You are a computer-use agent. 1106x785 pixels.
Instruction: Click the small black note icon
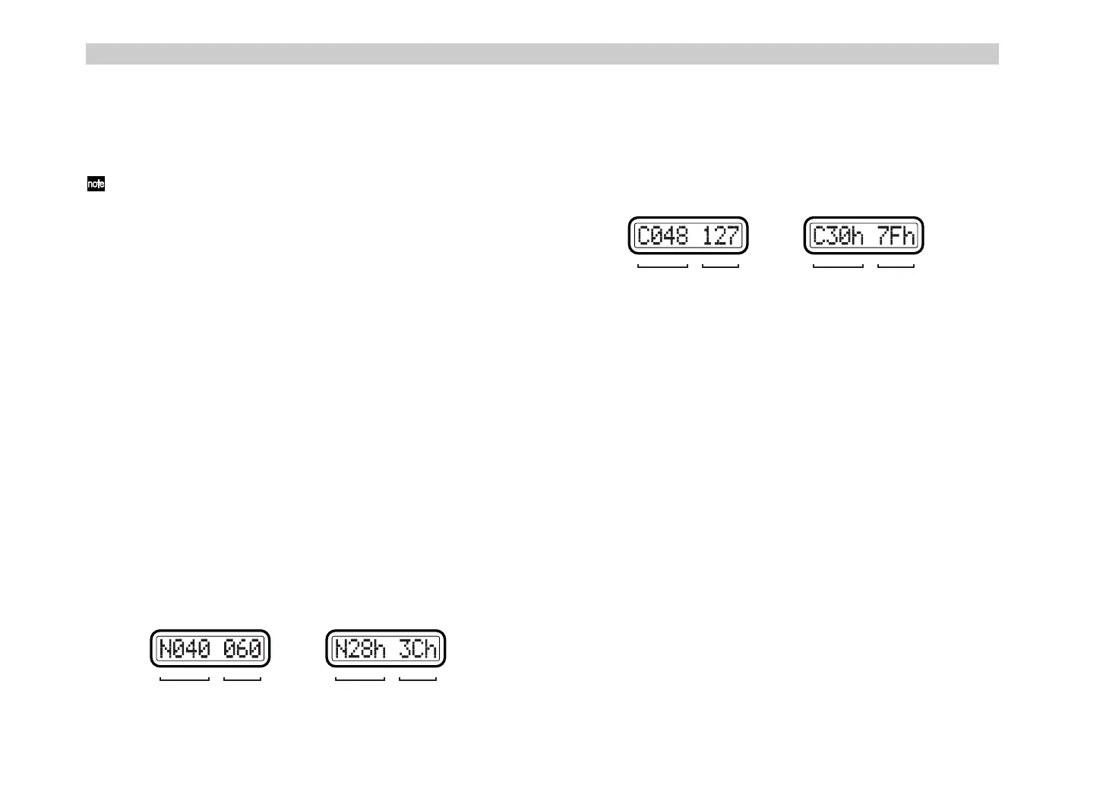(96, 184)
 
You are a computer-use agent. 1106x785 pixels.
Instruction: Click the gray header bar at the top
(542, 54)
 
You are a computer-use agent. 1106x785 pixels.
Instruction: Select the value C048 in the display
(663, 236)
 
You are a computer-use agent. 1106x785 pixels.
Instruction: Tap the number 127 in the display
(720, 236)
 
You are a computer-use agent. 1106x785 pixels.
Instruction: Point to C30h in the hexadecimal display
(839, 236)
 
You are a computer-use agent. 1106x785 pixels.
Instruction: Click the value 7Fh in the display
(896, 236)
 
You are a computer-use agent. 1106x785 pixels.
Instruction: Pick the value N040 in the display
(185, 649)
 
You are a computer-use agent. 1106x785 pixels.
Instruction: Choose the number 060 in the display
(242, 649)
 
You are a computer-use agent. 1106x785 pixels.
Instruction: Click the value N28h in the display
(361, 649)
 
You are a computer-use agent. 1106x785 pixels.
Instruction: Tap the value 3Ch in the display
(419, 649)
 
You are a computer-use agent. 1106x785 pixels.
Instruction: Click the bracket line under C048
(662, 266)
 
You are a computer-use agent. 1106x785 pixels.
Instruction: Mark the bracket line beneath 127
(720, 266)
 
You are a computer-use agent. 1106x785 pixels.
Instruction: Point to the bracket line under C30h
(839, 266)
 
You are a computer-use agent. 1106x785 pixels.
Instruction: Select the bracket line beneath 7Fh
(896, 266)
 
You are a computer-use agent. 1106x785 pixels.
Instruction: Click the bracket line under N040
(185, 679)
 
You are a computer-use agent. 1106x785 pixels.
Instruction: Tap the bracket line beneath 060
(242, 679)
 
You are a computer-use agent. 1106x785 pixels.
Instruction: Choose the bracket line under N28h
(360, 679)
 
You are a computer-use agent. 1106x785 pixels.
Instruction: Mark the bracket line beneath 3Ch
(418, 679)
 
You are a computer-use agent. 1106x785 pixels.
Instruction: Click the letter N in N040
(166, 649)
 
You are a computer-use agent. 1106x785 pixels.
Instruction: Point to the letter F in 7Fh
(896, 236)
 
